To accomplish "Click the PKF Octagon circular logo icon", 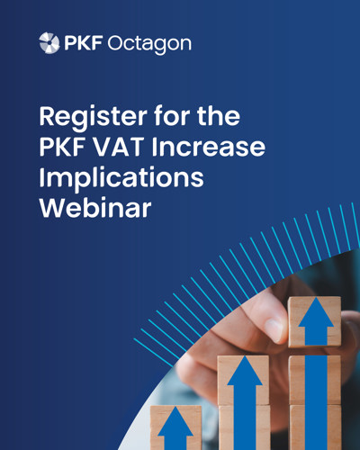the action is [49, 43].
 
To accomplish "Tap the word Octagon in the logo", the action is [149, 44].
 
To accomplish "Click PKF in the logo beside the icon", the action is [84, 42].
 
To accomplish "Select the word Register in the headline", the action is [94, 117].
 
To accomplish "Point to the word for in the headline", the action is [172, 115].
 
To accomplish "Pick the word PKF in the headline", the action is [62, 147].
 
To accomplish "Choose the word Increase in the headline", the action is [209, 147].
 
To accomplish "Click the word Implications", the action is [121, 179].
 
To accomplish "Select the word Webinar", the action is [95, 208].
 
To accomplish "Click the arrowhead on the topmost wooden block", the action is [316, 312].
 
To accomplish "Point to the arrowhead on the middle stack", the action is [245, 371].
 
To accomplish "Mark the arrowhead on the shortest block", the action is [175, 421].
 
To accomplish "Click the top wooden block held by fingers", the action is [315, 321].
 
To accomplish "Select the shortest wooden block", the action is [175, 427].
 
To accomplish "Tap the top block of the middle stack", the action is [243, 381].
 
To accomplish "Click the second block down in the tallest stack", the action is [315, 380].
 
